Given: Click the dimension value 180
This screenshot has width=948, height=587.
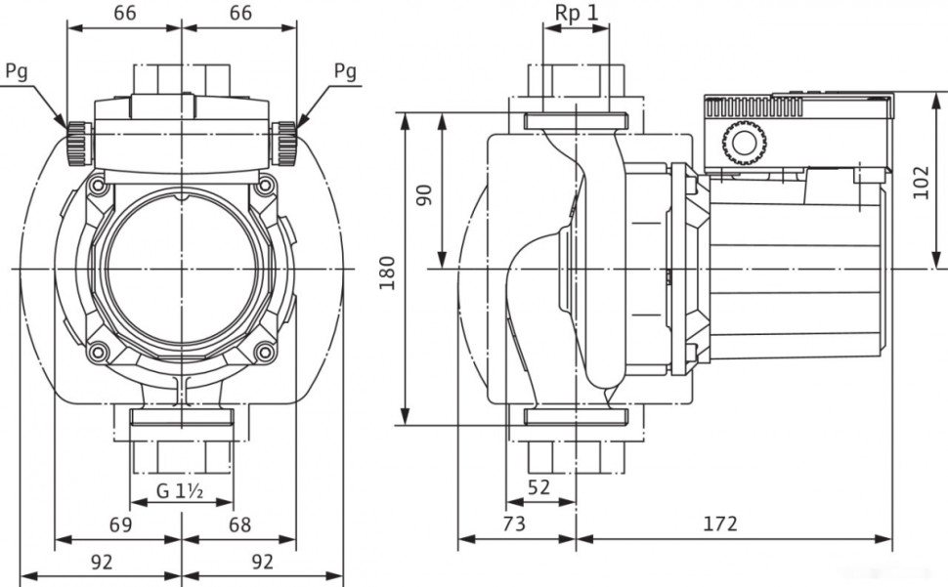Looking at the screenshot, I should point(387,269).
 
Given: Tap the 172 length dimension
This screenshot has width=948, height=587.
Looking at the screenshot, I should point(720,524).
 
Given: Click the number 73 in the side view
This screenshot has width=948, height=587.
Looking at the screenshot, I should point(515,524).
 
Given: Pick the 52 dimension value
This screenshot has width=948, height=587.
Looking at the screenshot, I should point(539,486).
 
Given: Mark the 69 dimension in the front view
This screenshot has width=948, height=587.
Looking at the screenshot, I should point(120,524).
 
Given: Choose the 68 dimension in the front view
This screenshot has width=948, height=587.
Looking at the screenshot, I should point(239,524).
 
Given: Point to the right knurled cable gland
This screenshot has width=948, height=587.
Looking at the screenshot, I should point(285,145).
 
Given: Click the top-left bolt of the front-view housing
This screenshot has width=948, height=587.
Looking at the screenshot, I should point(97,184).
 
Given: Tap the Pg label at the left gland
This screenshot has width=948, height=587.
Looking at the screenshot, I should point(17,71).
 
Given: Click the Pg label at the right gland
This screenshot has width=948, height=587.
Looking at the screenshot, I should point(345,71).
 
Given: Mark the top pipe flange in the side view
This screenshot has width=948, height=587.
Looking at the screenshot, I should point(575,121).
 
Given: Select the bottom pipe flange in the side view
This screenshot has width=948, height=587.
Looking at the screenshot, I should point(575,417).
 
